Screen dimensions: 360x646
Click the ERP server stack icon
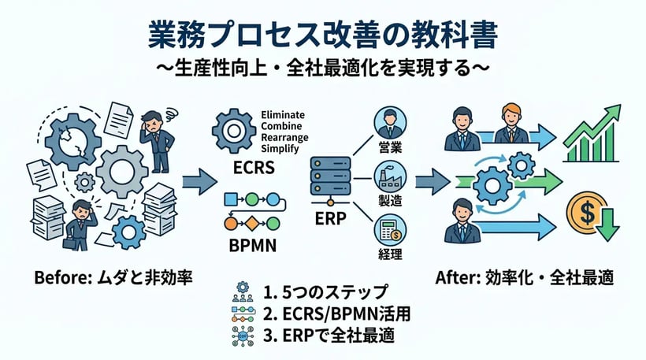329,177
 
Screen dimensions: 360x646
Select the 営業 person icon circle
388,124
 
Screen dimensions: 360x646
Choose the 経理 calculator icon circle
388,231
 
